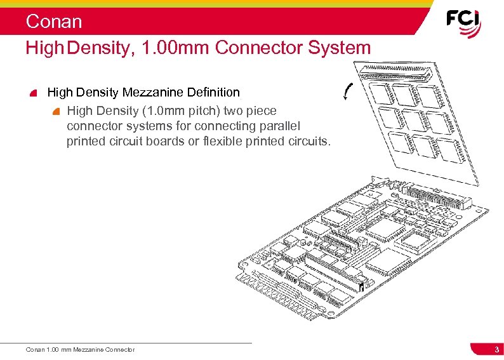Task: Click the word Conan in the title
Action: (54, 22)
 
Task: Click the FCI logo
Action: (463, 23)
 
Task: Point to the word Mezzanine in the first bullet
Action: (153, 93)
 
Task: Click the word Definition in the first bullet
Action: (213, 93)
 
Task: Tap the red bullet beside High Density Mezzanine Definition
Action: (34, 93)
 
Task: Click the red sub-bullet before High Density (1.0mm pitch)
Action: (56, 110)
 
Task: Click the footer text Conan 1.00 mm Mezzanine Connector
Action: (80, 350)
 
